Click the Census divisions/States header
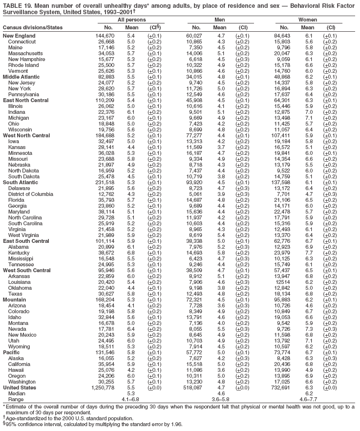pos(30,26)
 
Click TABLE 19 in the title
pos(16,4)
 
